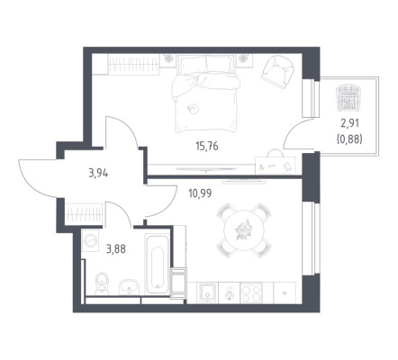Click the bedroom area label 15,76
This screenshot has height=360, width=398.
(x=207, y=147)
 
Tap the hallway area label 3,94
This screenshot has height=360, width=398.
(x=98, y=173)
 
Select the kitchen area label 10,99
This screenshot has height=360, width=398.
(x=200, y=193)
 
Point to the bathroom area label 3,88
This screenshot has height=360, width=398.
(x=116, y=248)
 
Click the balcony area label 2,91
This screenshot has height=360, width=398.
(x=349, y=123)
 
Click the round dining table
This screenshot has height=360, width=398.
(x=245, y=231)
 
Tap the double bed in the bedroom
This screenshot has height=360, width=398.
(x=206, y=94)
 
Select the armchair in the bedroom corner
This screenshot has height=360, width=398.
(x=277, y=72)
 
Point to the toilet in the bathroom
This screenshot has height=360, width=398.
(x=102, y=283)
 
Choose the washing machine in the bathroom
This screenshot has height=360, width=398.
(x=90, y=240)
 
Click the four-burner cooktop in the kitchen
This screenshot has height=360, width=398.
(x=251, y=292)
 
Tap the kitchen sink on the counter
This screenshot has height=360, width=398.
(x=207, y=292)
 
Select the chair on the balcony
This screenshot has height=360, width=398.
(x=348, y=98)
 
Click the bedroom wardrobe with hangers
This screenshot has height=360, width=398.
(x=133, y=64)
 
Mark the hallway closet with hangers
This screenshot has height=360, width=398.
(x=84, y=213)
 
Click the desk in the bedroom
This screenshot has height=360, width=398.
(x=276, y=166)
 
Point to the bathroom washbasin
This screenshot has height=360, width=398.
(x=129, y=288)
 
